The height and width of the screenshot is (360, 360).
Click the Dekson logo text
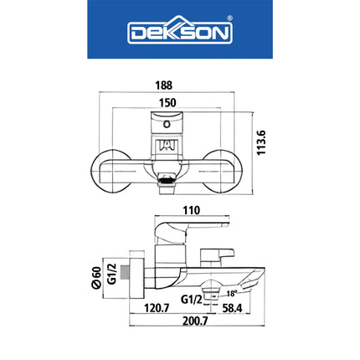(x=179, y=33)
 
